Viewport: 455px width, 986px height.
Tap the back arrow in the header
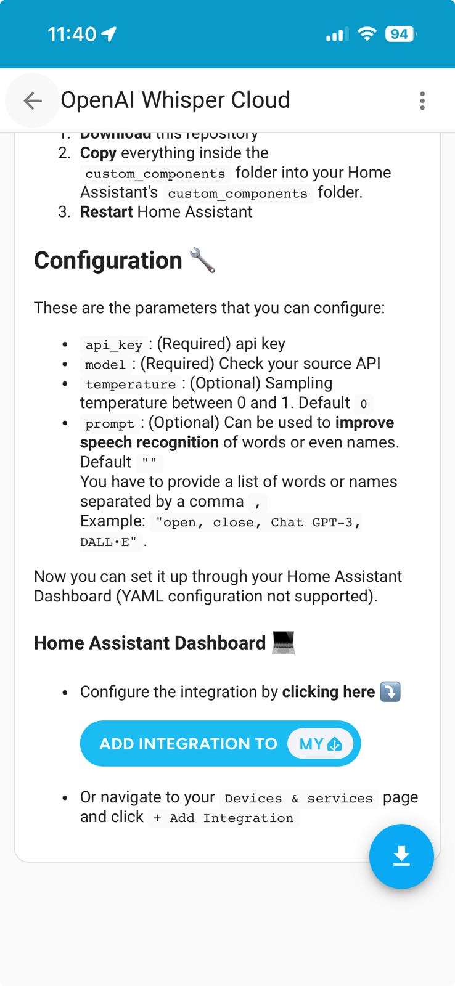32,100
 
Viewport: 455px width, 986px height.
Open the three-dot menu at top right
422,100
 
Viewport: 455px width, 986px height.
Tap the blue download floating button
401,856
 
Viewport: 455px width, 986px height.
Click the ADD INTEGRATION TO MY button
220,744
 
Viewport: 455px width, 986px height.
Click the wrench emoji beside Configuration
202,260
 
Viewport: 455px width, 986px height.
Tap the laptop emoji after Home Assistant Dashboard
284,643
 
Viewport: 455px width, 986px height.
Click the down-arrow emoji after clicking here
390,691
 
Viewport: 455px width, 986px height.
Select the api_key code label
114,344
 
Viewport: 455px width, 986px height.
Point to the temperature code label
131,384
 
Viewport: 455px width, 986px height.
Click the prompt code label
110,423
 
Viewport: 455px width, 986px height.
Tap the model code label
105,364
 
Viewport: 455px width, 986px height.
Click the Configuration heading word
108,260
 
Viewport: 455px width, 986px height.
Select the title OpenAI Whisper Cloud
175,100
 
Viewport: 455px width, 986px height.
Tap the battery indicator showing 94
400,34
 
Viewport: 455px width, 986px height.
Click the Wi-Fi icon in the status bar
367,35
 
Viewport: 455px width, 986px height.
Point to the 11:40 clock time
72,34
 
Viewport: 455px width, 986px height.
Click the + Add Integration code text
223,818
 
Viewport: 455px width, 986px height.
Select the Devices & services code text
298,798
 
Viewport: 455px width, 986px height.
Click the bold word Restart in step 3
106,212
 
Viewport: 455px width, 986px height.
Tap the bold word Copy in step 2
98,153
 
